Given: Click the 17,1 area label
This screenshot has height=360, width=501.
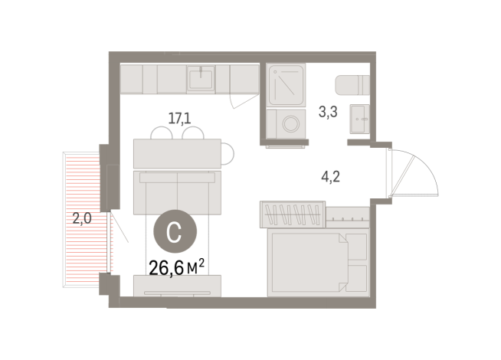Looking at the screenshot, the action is tap(179, 119).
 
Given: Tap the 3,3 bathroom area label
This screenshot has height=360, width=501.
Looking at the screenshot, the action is tap(328, 112).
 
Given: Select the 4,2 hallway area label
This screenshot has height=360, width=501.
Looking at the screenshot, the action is tap(331, 176).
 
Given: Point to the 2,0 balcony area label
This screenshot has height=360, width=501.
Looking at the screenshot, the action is tap(82, 218).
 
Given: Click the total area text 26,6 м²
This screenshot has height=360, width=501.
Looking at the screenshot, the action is tap(177, 267).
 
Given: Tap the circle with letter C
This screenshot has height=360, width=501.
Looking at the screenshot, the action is tap(175, 231).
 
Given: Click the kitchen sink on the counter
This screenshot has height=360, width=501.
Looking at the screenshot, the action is tap(201, 79).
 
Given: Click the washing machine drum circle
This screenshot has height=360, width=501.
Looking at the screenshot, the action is tap(291, 123).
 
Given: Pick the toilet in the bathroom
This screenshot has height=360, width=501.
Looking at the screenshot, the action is tap(352, 85).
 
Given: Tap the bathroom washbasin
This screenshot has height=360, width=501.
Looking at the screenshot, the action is tap(360, 119).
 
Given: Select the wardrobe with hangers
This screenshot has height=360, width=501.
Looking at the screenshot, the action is tap(293, 214).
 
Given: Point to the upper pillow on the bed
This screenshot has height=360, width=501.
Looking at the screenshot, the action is tap(356, 247).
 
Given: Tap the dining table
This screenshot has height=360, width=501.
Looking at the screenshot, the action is tap(177, 154).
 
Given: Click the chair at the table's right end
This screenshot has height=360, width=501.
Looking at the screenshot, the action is tap(228, 154).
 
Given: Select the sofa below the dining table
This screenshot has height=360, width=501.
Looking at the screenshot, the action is tap(177, 192).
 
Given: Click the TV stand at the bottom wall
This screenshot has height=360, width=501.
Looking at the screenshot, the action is tap(177, 286).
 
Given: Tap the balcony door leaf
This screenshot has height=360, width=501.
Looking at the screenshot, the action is tap(120, 227).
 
